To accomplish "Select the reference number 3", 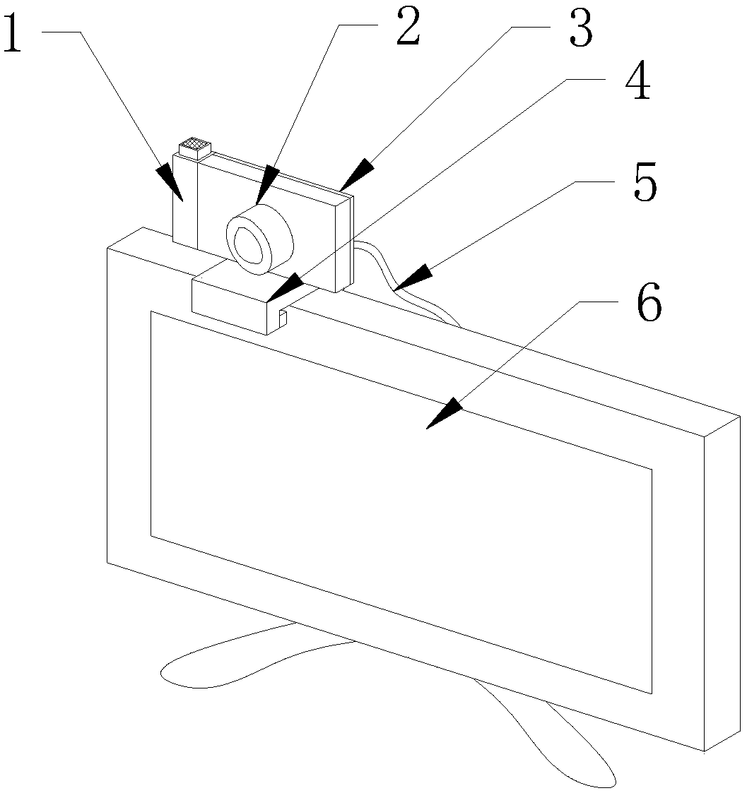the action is coord(580,30).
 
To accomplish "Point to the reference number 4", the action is coord(637,81).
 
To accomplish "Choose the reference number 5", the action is coord(645,182).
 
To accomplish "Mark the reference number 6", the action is coord(649,303).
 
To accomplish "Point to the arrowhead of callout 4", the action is coord(283,287).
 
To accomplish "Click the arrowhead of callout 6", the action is coord(445,413).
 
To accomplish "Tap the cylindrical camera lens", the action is coord(259,239).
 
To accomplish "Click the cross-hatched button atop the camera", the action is coord(195,148).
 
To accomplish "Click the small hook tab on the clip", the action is coord(283,318).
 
